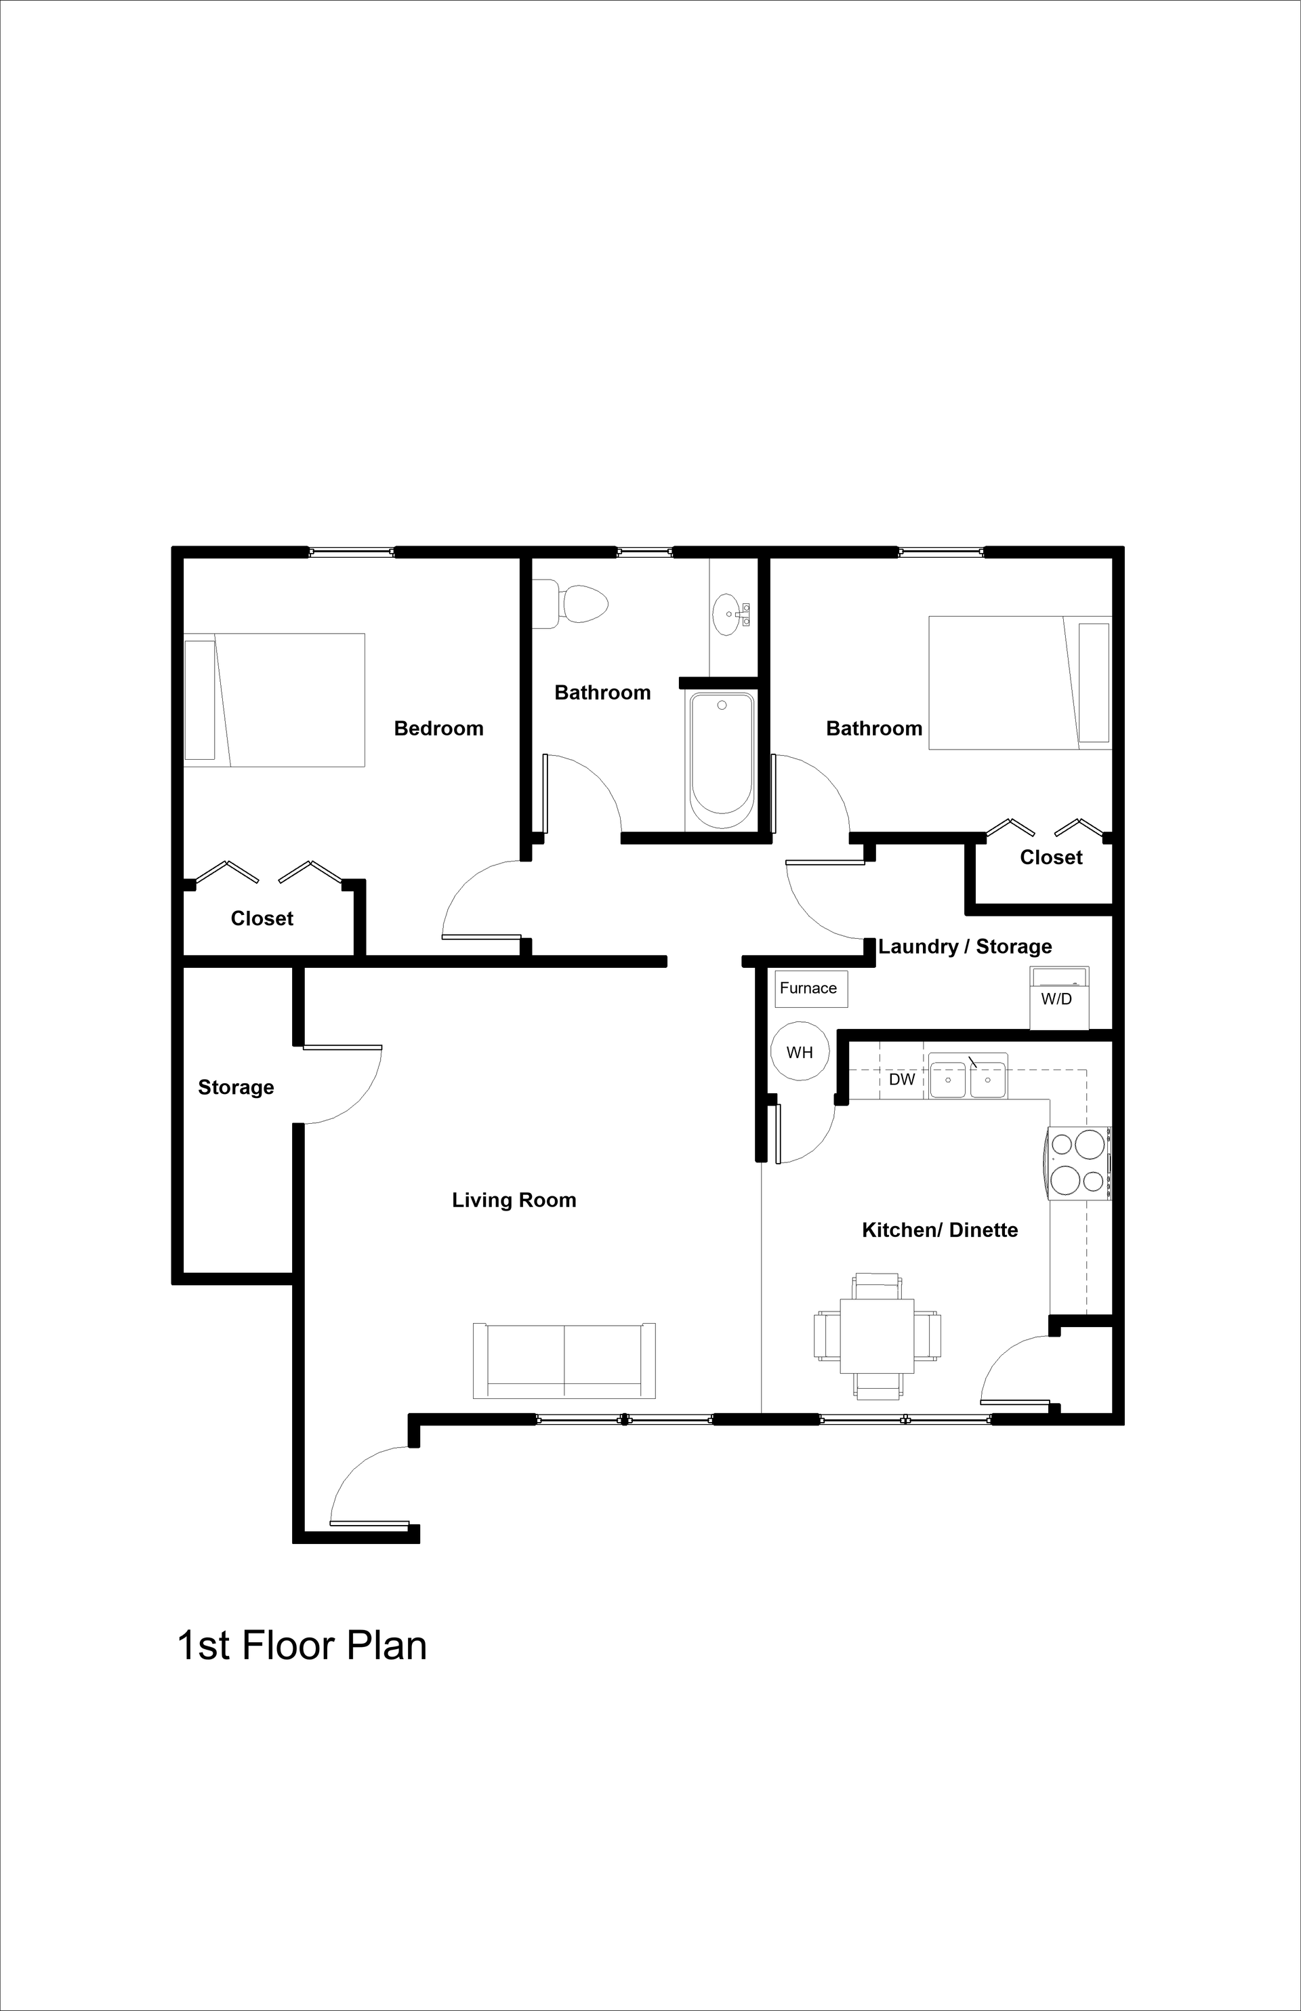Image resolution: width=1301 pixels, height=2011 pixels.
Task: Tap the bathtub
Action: [x=722, y=760]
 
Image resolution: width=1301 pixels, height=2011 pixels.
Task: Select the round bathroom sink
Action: [x=727, y=614]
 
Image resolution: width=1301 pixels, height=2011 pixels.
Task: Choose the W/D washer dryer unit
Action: [x=1058, y=999]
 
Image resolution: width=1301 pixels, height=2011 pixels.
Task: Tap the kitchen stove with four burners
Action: [x=1079, y=1162]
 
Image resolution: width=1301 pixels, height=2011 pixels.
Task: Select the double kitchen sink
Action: [x=968, y=1076]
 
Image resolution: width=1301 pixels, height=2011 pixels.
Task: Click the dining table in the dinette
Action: [x=877, y=1336]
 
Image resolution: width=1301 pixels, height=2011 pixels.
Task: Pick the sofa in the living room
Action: [x=564, y=1360]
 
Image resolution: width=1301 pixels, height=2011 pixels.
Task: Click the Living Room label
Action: [x=514, y=1200]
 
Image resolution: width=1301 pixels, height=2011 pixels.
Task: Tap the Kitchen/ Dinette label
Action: [x=939, y=1230]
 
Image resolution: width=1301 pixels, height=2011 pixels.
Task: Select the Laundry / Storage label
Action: [x=965, y=946]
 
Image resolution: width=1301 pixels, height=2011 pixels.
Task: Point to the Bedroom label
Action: [x=438, y=729]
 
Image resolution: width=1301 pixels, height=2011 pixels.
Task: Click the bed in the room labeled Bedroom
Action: [x=275, y=699]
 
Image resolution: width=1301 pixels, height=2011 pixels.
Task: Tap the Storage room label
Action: [x=236, y=1087]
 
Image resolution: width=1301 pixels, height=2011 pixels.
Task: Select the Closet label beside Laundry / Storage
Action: [x=1051, y=857]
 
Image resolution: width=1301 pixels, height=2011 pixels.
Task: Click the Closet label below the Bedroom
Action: [x=262, y=918]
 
